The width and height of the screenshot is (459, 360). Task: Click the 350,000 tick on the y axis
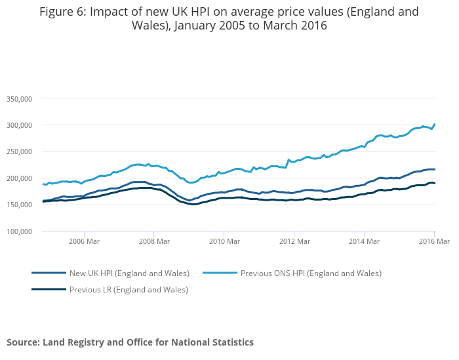pyautogui.click(x=18, y=98)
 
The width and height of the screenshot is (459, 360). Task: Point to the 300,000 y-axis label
pyautogui.click(x=18, y=125)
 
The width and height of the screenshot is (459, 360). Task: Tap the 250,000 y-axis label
pyautogui.click(x=18, y=151)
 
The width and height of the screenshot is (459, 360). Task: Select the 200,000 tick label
pyautogui.click(x=18, y=178)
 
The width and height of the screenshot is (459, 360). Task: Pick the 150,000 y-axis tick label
pyautogui.click(x=18, y=205)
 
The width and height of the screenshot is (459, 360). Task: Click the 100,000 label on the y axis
pyautogui.click(x=18, y=231)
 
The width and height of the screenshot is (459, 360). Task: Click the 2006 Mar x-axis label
pyautogui.click(x=84, y=241)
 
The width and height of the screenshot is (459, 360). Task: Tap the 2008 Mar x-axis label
pyautogui.click(x=153, y=241)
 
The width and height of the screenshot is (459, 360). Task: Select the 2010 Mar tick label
pyautogui.click(x=223, y=241)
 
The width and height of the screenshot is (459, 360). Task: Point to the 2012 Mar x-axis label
pyautogui.click(x=293, y=241)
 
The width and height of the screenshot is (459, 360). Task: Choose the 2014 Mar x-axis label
pyautogui.click(x=363, y=241)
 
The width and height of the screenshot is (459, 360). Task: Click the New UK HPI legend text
pyautogui.click(x=130, y=273)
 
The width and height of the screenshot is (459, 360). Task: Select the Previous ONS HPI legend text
pyautogui.click(x=311, y=273)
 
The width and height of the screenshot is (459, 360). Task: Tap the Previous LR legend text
pyautogui.click(x=129, y=289)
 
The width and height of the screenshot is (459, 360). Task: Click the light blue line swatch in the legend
pyautogui.click(x=220, y=273)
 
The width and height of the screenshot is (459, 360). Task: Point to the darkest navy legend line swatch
pyautogui.click(x=49, y=289)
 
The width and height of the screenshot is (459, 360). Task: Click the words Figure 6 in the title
pyautogui.click(x=66, y=12)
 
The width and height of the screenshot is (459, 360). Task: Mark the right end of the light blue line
pyautogui.click(x=435, y=125)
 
